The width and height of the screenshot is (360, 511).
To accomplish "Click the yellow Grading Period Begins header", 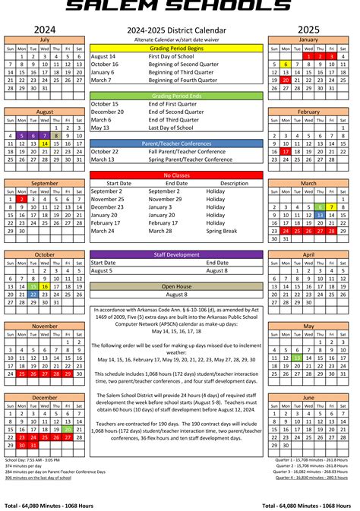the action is tap(176, 47).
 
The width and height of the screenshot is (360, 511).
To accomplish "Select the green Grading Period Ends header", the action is tap(176, 95).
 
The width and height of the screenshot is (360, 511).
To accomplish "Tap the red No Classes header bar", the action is tap(176, 175).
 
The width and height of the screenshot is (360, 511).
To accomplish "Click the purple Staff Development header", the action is tap(176, 254).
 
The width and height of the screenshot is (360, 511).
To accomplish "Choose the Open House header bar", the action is tap(176, 285).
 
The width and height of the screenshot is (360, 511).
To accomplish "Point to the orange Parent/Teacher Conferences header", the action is tap(176, 143).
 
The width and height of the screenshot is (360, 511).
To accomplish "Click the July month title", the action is tap(45, 39).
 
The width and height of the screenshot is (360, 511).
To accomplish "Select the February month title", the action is tap(308, 111).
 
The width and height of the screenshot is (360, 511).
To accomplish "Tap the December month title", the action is tap(45, 397).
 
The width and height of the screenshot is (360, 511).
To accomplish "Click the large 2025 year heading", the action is tap(308, 28).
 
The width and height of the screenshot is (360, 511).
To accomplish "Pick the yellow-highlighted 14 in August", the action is tap(45, 144).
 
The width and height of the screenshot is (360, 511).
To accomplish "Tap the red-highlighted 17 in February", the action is tap(286, 151).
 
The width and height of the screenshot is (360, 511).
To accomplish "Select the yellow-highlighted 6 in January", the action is tap(286, 64).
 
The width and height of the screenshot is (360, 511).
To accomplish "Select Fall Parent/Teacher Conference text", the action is tap(185, 151).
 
